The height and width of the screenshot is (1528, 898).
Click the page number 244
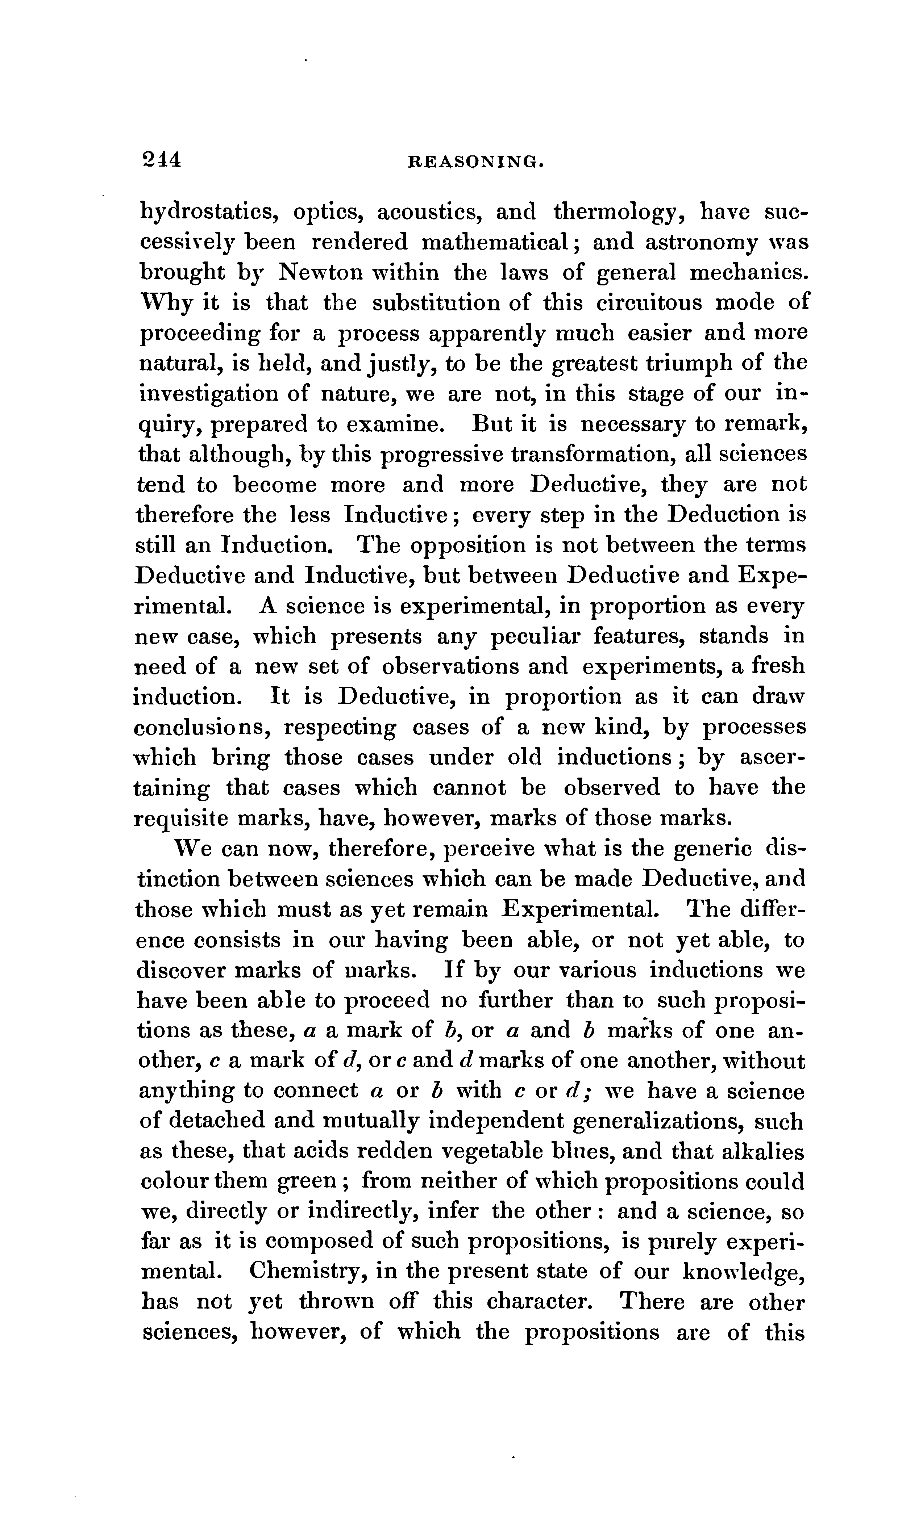pyautogui.click(x=161, y=159)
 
